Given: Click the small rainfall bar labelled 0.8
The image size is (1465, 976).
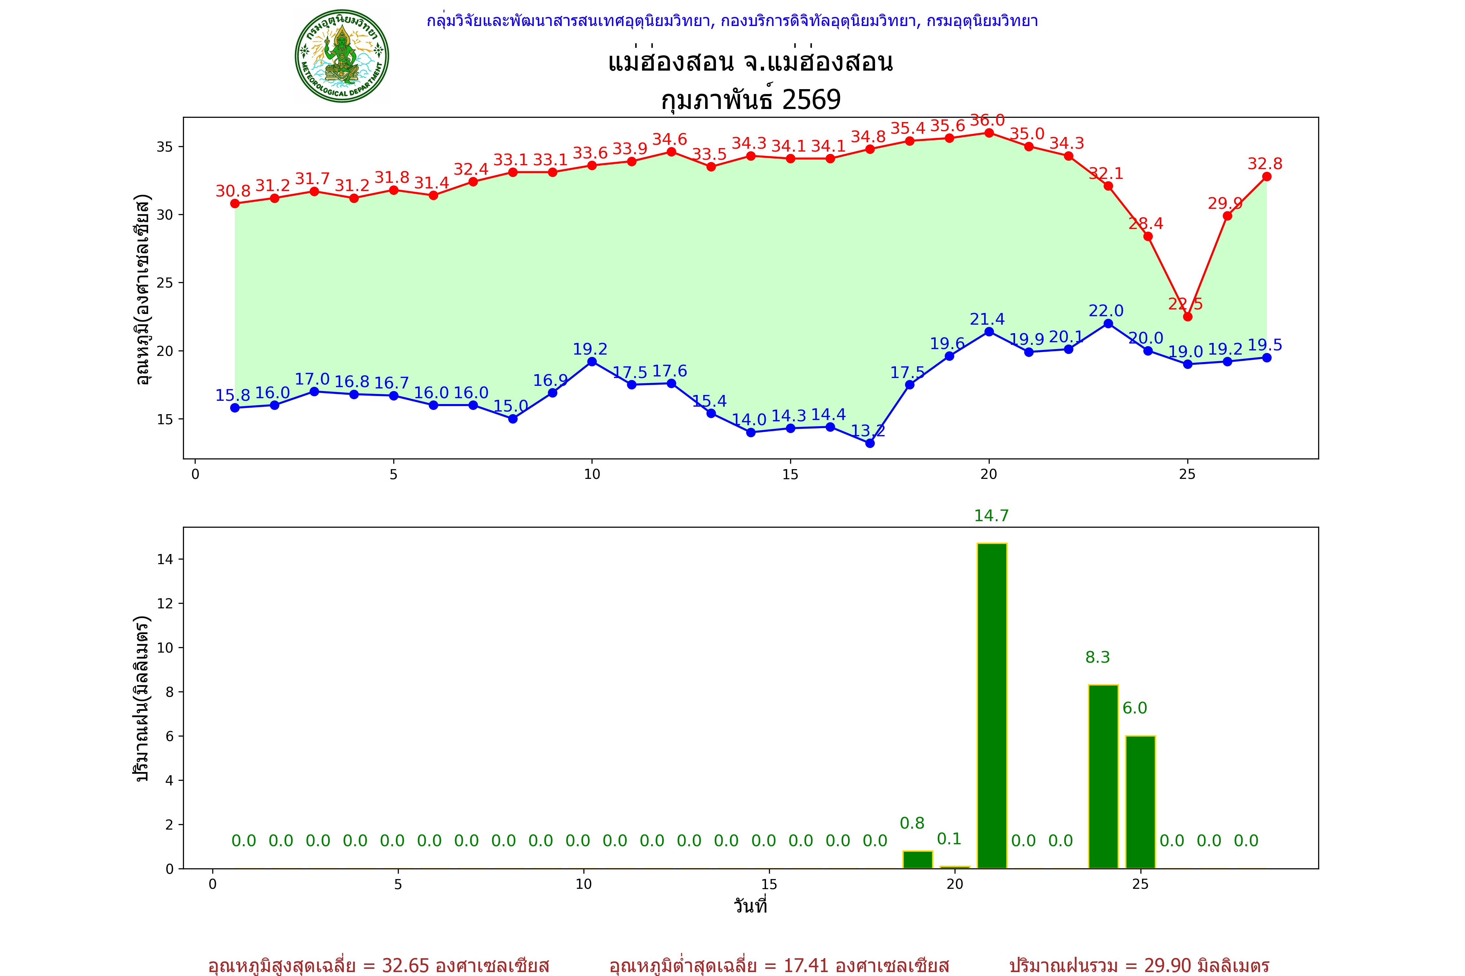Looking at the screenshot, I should click(x=917, y=860).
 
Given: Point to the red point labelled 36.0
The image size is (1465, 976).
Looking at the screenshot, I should click(x=989, y=133).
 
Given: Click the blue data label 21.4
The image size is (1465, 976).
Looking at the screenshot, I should click(x=987, y=319).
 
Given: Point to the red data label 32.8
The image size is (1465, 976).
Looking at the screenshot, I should click(x=1264, y=164).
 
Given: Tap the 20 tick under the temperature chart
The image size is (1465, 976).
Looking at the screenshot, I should click(x=988, y=474).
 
